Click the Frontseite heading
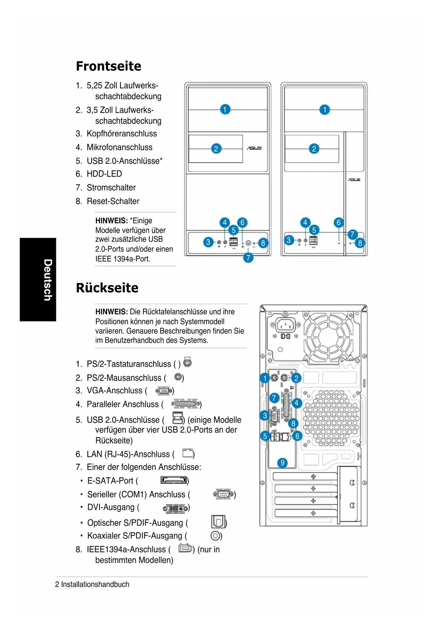click(x=109, y=66)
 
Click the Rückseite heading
click(x=107, y=288)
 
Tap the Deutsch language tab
click(x=47, y=279)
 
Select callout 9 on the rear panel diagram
click(x=282, y=463)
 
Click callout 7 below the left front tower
click(x=248, y=258)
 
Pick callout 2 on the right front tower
click(x=314, y=149)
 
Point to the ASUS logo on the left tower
click(x=254, y=148)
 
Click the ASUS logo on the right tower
click(x=354, y=180)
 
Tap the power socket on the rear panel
click(x=286, y=325)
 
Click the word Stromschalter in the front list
click(x=111, y=187)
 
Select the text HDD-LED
click(x=104, y=174)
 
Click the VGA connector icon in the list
click(x=164, y=391)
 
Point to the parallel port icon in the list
click(x=185, y=404)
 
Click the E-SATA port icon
click(x=174, y=480)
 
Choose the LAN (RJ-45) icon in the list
click(x=188, y=453)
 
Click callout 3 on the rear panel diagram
click(x=265, y=416)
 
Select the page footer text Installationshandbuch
click(x=95, y=584)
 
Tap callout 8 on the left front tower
click(x=263, y=243)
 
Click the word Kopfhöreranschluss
click(x=122, y=134)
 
